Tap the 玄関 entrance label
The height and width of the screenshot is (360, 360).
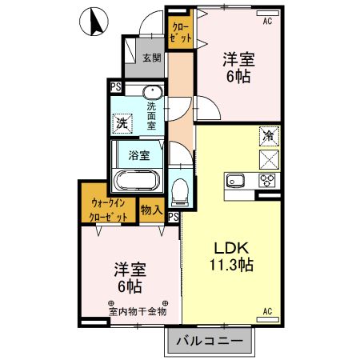pyautogui.click(x=152, y=58)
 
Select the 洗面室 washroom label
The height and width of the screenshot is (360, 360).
pyautogui.click(x=152, y=115)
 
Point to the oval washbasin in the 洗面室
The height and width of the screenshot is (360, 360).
pyautogui.click(x=152, y=92)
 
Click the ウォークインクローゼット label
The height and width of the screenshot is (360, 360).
pyautogui.click(x=108, y=209)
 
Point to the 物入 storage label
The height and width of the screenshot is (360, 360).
pyautogui.click(x=151, y=210)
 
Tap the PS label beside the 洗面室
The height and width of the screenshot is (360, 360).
pyautogui.click(x=115, y=86)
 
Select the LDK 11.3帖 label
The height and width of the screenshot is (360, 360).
pyautogui.click(x=232, y=255)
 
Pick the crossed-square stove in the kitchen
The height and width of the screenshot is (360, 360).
pyautogui.click(x=268, y=158)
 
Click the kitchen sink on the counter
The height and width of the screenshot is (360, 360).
pyautogui.click(x=236, y=180)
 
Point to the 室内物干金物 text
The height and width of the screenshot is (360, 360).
pyautogui.click(x=138, y=310)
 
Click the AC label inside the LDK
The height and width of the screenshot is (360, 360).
pyautogui.click(x=268, y=310)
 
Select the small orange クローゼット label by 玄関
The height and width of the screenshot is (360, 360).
pyautogui.click(x=179, y=31)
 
